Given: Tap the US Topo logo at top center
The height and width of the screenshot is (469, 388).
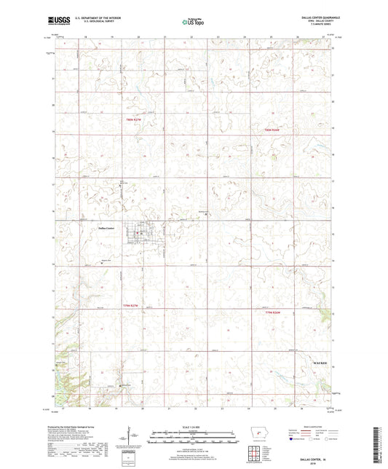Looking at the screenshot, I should [193, 23].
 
